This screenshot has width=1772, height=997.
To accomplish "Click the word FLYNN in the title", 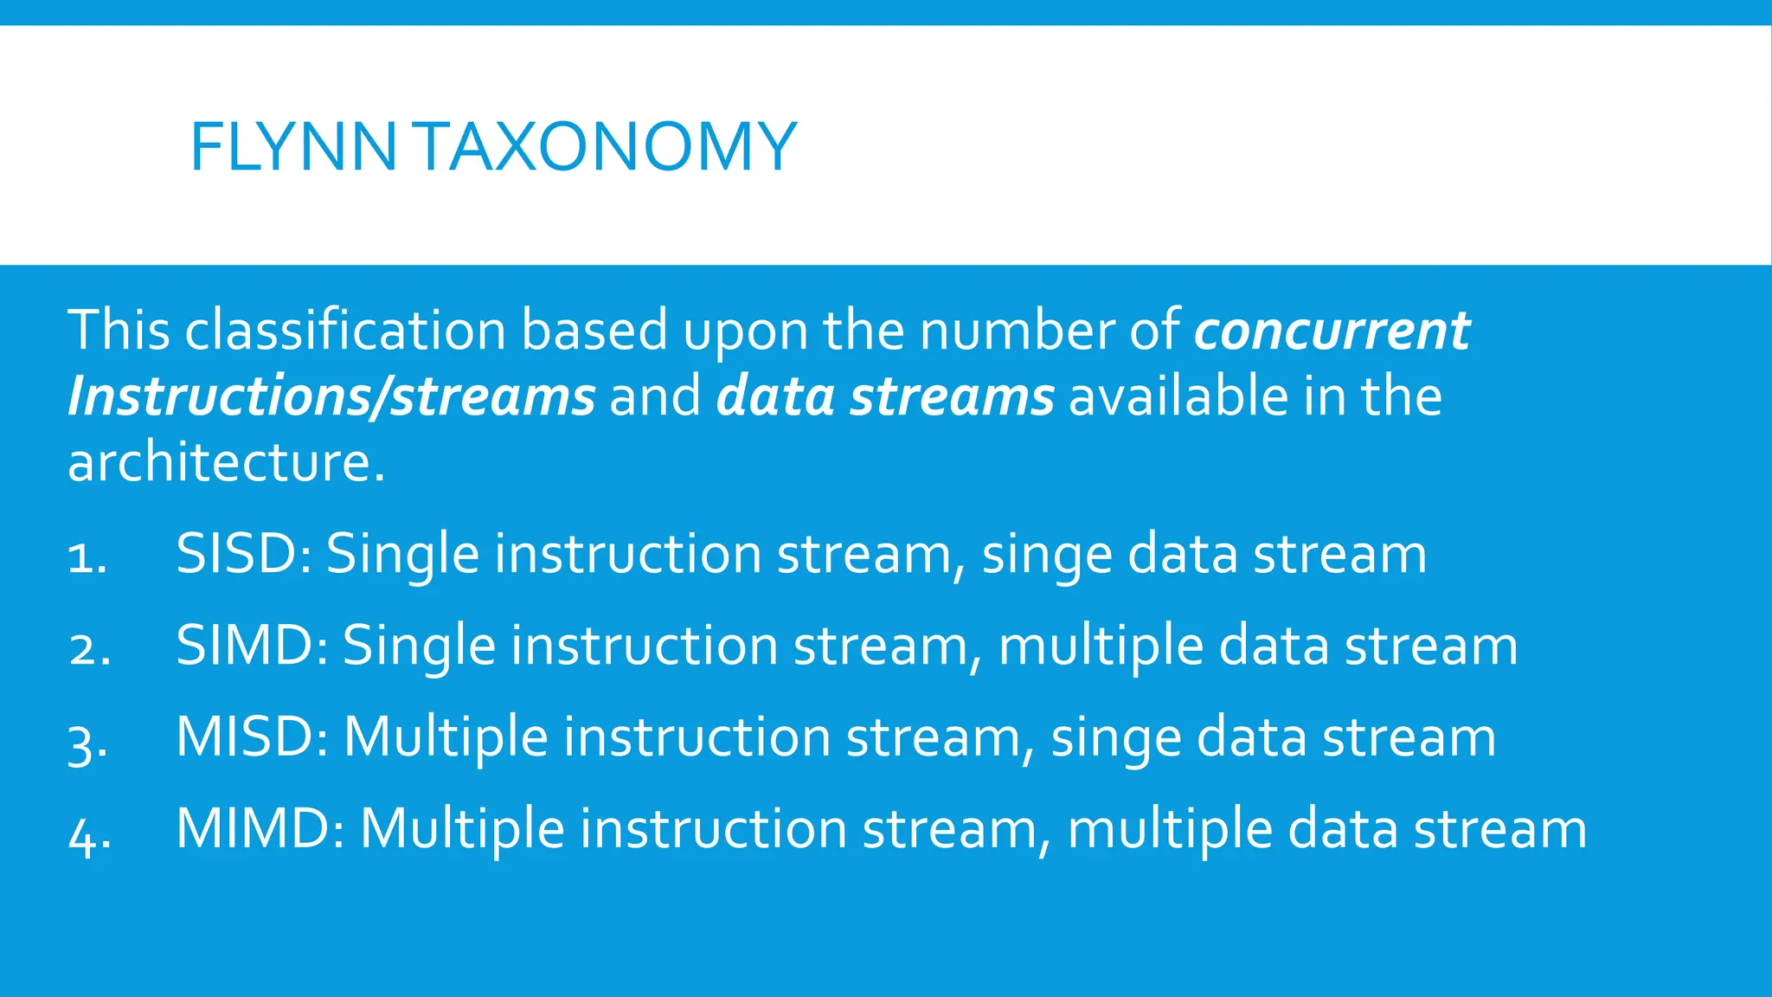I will (x=292, y=147).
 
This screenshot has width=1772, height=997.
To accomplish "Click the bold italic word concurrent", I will (x=1332, y=331).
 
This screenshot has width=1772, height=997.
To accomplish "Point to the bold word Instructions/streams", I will (x=331, y=397).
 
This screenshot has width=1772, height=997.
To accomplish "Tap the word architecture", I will (x=225, y=463).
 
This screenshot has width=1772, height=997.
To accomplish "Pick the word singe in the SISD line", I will (x=1047, y=555).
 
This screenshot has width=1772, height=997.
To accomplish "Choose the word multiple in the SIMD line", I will (x=1101, y=646).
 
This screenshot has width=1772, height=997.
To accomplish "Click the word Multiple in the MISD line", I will (x=446, y=738).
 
